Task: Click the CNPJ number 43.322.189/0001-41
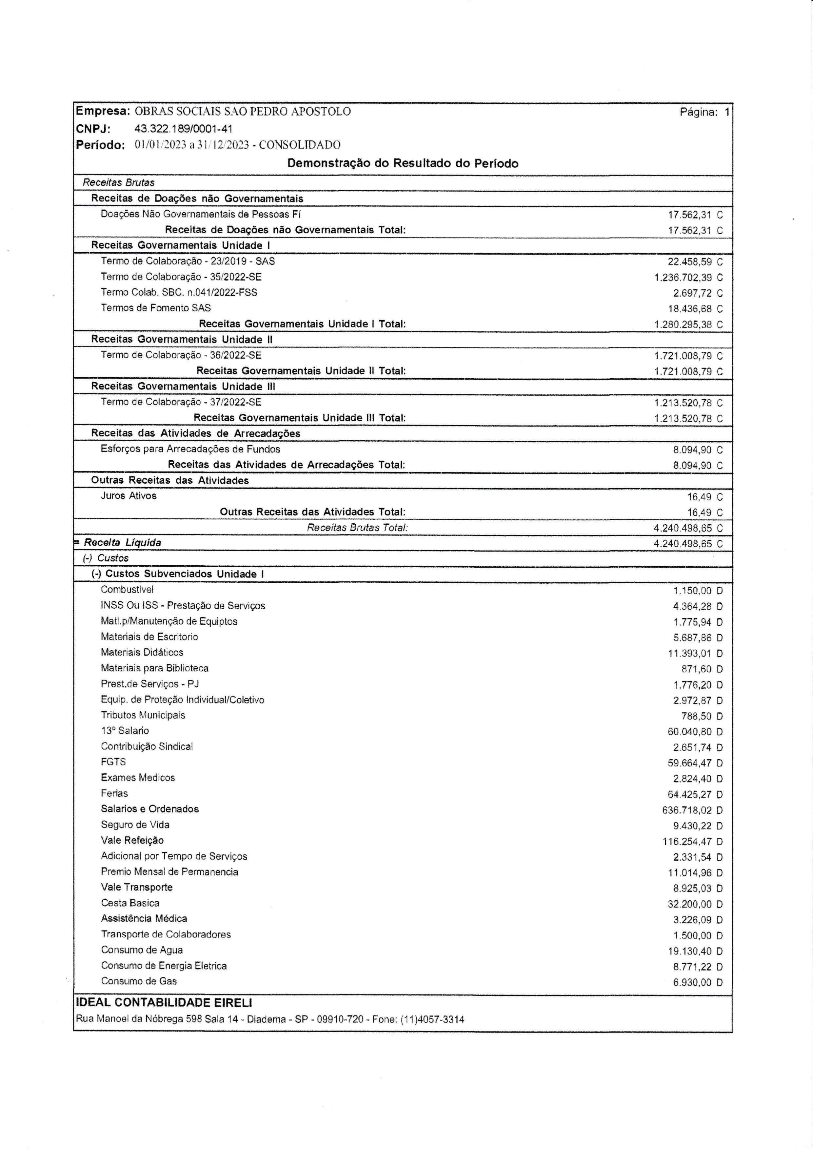click(x=183, y=129)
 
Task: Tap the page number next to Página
click(x=726, y=112)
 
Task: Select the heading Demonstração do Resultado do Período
click(x=403, y=163)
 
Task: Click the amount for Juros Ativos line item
click(x=700, y=497)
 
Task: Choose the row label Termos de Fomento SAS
click(x=156, y=308)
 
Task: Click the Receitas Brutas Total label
click(x=357, y=527)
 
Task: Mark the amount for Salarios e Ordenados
click(x=687, y=810)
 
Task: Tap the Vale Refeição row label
click(x=132, y=840)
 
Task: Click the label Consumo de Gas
click(x=139, y=981)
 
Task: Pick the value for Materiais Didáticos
click(x=689, y=653)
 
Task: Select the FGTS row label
click(x=113, y=762)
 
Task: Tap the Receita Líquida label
click(x=122, y=542)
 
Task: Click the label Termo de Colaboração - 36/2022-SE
click(x=181, y=355)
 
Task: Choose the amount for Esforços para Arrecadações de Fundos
click(x=692, y=450)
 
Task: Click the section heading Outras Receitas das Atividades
click(x=170, y=480)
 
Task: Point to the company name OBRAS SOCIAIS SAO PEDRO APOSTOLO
click(x=243, y=111)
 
